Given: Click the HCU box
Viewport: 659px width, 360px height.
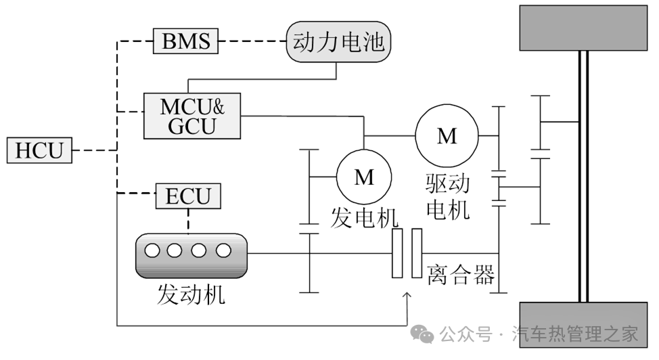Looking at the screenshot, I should (x=39, y=150).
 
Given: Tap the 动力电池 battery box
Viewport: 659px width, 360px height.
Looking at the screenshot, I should (x=339, y=43).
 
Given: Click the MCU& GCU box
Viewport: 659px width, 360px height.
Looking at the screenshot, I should (x=192, y=116).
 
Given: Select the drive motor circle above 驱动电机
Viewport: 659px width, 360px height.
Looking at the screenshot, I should (x=447, y=136).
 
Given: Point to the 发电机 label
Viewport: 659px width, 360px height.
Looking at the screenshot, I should (x=364, y=218).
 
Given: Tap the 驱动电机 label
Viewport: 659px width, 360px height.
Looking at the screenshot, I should (x=447, y=197).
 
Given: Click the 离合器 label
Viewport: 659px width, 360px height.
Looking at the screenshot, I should (x=460, y=275).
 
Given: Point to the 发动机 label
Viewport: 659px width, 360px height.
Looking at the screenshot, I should (x=191, y=294).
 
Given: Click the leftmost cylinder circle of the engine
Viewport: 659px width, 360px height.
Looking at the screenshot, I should (x=152, y=250).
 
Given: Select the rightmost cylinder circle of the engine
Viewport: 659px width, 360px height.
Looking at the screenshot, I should (x=223, y=250).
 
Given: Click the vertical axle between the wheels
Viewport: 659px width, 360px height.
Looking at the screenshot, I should (x=583, y=176).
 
